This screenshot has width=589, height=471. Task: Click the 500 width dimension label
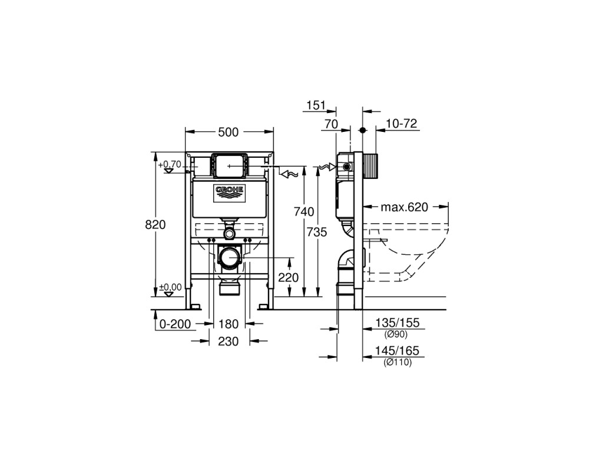click(x=229, y=132)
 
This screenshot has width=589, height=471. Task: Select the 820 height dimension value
click(x=155, y=224)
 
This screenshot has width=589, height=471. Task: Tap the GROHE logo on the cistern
click(x=230, y=193)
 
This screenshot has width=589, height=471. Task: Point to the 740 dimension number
click(x=304, y=212)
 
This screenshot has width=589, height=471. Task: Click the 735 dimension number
click(x=317, y=233)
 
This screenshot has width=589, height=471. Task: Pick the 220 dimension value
click(x=288, y=277)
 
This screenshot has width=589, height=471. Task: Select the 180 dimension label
click(x=229, y=324)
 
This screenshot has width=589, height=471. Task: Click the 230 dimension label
click(x=229, y=341)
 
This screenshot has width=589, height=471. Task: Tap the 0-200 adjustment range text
click(x=175, y=324)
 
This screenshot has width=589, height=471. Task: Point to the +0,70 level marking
click(x=170, y=164)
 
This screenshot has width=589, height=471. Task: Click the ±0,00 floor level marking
click(x=170, y=287)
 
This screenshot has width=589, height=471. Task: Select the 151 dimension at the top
click(x=316, y=105)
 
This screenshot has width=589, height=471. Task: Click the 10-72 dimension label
click(x=402, y=124)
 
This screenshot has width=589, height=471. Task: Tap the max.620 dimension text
click(x=404, y=207)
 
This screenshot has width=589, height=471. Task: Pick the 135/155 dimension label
click(x=398, y=323)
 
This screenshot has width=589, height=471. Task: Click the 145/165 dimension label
click(x=397, y=351)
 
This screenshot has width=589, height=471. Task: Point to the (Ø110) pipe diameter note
click(x=398, y=363)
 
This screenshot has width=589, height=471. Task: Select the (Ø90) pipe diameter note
click(x=396, y=334)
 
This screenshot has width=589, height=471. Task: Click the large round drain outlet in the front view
click(x=230, y=257)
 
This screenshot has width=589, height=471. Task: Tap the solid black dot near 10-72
click(x=362, y=130)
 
